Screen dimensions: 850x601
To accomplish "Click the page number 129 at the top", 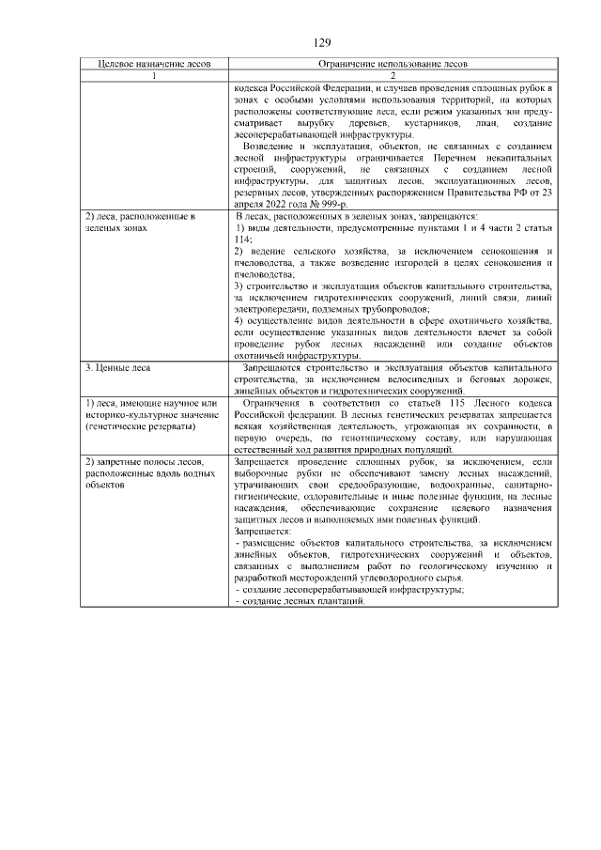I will (322, 42).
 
